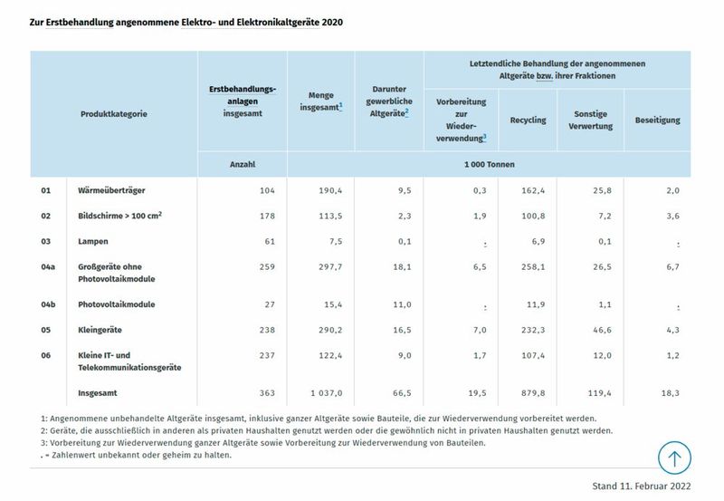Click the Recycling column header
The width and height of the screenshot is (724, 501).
[x=528, y=120]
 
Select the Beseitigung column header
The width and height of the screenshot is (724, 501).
[x=657, y=120]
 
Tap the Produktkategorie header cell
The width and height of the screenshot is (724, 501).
[x=113, y=114]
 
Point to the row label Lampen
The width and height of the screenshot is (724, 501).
[x=94, y=241]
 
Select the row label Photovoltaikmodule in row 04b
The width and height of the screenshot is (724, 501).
[x=117, y=304]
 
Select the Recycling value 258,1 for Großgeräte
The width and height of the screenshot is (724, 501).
[x=530, y=266]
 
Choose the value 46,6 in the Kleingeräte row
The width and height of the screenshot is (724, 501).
[x=600, y=330]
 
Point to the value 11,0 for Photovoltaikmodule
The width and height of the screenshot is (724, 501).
[x=401, y=304]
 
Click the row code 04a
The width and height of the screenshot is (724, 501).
[x=49, y=266]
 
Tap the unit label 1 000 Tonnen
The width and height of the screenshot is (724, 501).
[x=489, y=165]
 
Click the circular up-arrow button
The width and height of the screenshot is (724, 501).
[x=674, y=457]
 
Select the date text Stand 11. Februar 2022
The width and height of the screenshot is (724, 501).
[x=641, y=486]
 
